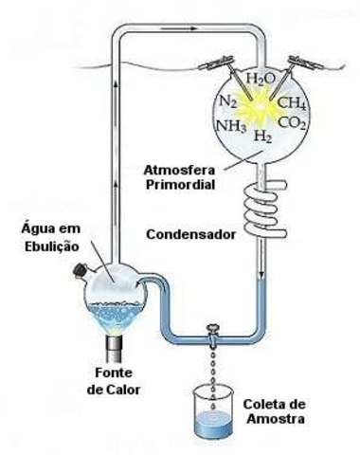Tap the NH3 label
pyautogui.click(x=231, y=124)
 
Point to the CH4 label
pyautogui.click(x=294, y=101)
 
